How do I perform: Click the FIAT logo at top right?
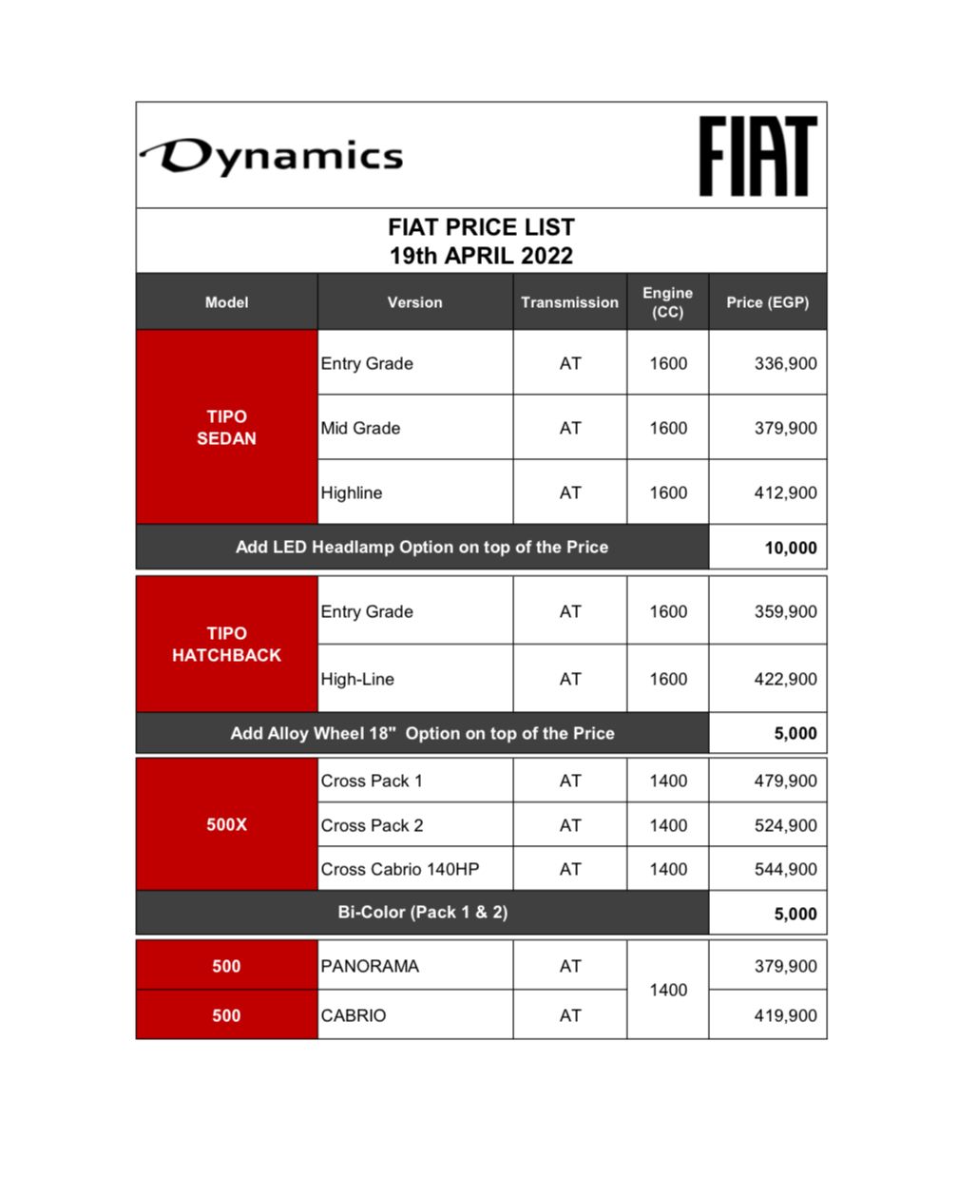pyautogui.click(x=757, y=156)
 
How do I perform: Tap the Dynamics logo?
pyautogui.click(x=273, y=157)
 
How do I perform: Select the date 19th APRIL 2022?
pyautogui.click(x=481, y=256)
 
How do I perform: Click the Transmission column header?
pyautogui.click(x=569, y=302)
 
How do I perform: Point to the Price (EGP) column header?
pyautogui.click(x=767, y=302)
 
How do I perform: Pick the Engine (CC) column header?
pyautogui.click(x=667, y=302)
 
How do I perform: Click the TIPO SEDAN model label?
pyautogui.click(x=226, y=427)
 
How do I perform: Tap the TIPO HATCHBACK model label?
pyautogui.click(x=226, y=644)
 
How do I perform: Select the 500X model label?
pyautogui.click(x=226, y=824)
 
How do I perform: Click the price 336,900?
pyautogui.click(x=785, y=363)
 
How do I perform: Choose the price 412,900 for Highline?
pyautogui.click(x=785, y=492)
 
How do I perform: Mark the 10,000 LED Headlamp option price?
pyautogui.click(x=790, y=548)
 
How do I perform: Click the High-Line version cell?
pyautogui.click(x=357, y=679)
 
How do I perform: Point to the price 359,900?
pyautogui.click(x=785, y=611)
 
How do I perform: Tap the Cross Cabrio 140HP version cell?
pyautogui.click(x=400, y=869)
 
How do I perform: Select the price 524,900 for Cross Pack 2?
pyautogui.click(x=785, y=825)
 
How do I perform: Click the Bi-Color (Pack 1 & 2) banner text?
pyautogui.click(x=422, y=912)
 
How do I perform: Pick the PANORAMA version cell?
pyautogui.click(x=370, y=966)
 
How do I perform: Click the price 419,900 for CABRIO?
pyautogui.click(x=785, y=1015)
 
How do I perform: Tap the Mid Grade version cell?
pyautogui.click(x=360, y=428)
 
